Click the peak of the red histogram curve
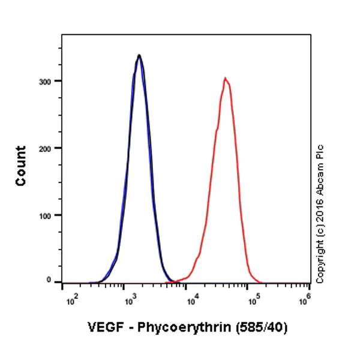click(x=225, y=78)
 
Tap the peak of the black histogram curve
click(x=139, y=55)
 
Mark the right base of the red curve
click(x=259, y=281)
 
